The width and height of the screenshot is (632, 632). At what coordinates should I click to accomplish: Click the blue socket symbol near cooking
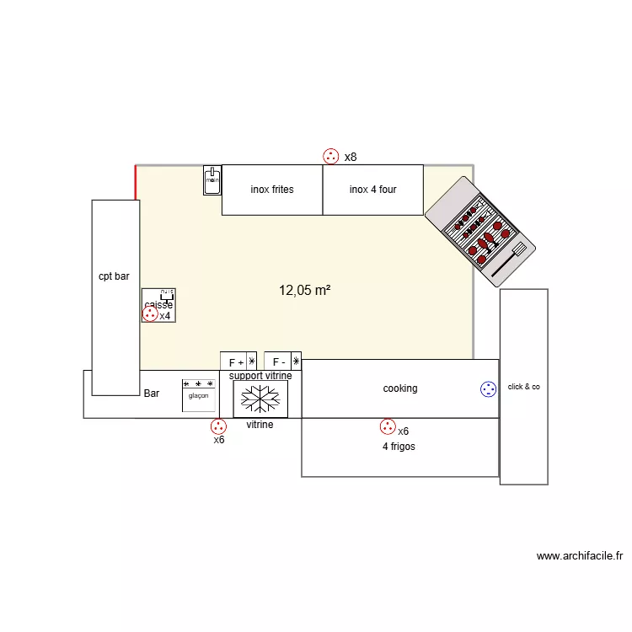point(488,388)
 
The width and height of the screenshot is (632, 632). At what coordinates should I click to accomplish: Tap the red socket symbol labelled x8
point(331,156)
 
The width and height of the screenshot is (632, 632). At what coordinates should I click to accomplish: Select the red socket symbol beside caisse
point(150,314)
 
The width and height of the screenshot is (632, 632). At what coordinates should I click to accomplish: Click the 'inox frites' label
point(272,190)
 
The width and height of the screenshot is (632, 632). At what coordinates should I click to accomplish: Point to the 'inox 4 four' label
point(372,190)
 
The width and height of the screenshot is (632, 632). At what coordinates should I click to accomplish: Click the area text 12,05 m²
point(304,291)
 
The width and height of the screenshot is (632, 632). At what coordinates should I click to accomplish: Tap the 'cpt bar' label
point(114,276)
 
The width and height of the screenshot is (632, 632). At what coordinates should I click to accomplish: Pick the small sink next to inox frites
point(212,179)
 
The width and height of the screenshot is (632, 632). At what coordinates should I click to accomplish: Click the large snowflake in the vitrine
point(260,398)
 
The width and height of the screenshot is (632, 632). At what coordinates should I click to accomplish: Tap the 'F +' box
point(237,362)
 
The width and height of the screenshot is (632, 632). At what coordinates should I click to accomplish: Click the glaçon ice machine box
point(199,395)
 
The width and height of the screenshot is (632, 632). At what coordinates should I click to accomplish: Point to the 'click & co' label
point(523,388)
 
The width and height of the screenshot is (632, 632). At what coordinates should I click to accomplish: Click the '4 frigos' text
point(399,447)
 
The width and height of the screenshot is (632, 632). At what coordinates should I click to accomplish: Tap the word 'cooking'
point(400,388)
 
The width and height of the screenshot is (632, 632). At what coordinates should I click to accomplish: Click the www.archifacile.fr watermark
point(579,556)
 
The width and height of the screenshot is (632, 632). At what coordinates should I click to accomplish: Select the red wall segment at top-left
point(136,182)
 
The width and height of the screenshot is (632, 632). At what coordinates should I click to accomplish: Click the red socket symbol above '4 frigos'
point(388,427)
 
